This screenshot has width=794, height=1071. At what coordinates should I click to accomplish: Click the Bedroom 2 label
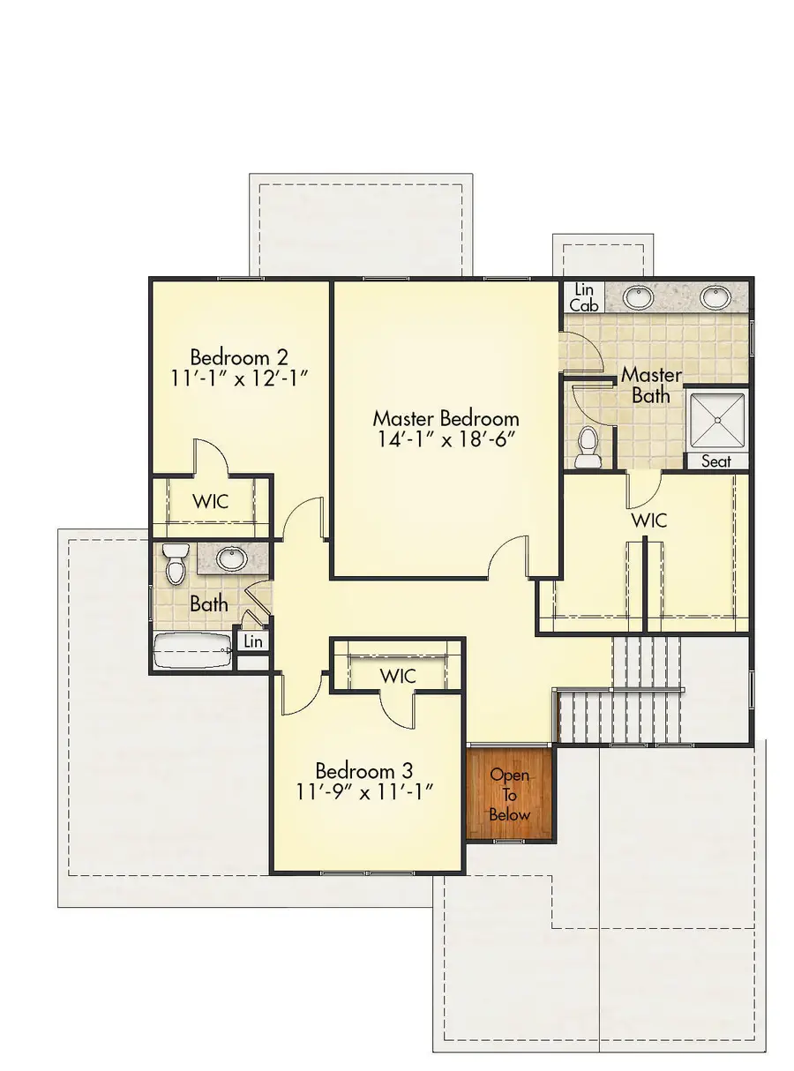coord(240,358)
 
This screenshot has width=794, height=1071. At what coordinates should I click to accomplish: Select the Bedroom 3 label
coord(364,768)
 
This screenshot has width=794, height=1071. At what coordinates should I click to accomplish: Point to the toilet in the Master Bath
coord(587,448)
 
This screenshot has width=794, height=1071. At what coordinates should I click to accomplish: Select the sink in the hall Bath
coord(232,558)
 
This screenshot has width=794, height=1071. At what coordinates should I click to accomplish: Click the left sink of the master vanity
coord(637,297)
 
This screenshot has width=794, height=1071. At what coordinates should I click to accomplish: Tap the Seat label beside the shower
coord(715,461)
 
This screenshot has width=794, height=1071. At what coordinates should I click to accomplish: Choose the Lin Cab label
coord(583,297)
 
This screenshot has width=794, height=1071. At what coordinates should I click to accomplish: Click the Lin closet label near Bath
coord(253,641)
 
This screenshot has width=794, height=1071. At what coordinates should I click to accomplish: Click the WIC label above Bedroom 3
coord(398,675)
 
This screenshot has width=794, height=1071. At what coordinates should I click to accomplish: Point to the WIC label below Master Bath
coord(648,520)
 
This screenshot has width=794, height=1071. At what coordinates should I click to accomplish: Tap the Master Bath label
coord(651,386)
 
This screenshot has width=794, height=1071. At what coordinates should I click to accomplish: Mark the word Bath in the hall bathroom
coord(209,604)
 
